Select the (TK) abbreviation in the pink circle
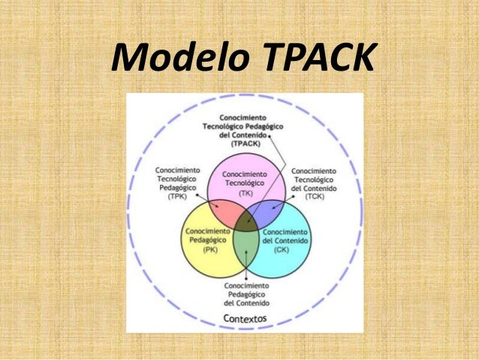pyautogui.click(x=246, y=192)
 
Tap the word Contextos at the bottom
pyautogui.click(x=246, y=319)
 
